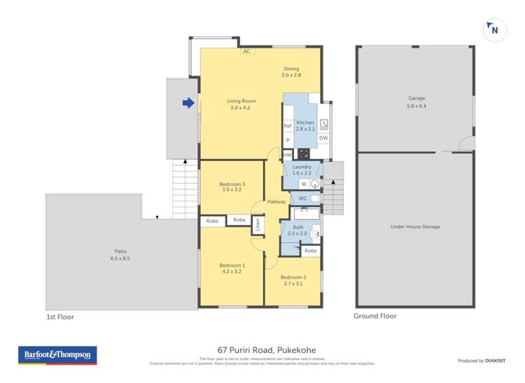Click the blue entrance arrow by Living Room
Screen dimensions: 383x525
pyautogui.click(x=188, y=104)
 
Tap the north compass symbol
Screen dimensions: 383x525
pyautogui.click(x=493, y=29)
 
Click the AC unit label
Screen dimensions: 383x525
pyautogui.click(x=246, y=51)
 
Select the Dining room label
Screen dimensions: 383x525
pyautogui.click(x=290, y=69)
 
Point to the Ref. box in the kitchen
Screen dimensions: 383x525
pyautogui.click(x=287, y=126)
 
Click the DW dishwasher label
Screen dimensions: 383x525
pyautogui.click(x=323, y=138)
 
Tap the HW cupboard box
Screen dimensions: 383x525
pyautogui.click(x=287, y=155)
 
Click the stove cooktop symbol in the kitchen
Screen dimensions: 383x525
pyautogui.click(x=303, y=154)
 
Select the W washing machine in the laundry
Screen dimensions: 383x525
pyautogui.click(x=304, y=184)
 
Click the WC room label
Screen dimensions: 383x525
pyautogui.click(x=302, y=199)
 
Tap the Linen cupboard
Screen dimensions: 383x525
pyautogui.click(x=258, y=225)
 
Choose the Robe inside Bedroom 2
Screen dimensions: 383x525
pyautogui.click(x=310, y=250)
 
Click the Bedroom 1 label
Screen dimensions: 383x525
pyautogui.click(x=232, y=265)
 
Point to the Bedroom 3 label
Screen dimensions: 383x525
pyautogui.click(x=232, y=184)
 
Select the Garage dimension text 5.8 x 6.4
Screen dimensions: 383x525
pyautogui.click(x=416, y=106)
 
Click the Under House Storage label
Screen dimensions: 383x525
pyautogui.click(x=415, y=227)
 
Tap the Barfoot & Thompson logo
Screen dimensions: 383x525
pyautogui.click(x=57, y=356)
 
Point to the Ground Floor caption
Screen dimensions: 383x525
pyautogui.click(x=375, y=316)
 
